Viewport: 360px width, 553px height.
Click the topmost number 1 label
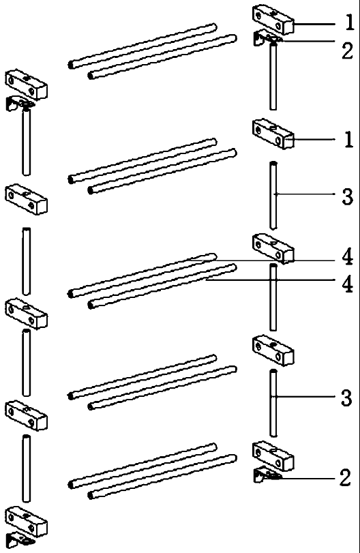coord(349,22)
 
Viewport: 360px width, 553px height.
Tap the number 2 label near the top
coord(347,50)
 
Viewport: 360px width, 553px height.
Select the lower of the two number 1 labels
coord(348,139)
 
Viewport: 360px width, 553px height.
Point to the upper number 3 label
coord(347,196)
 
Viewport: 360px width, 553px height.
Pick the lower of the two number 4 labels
coord(347,284)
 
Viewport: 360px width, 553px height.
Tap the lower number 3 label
coord(346,398)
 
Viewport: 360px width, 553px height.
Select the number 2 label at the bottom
coord(345,478)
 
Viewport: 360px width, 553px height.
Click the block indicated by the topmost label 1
coord(273,20)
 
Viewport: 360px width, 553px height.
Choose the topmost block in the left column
coord(26,85)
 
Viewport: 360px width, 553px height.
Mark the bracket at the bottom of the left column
coord(19,539)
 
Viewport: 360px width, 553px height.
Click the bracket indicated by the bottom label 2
coord(267,475)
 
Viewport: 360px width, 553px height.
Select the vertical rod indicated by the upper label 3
coord(273,195)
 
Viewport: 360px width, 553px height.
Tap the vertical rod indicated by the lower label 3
coord(273,403)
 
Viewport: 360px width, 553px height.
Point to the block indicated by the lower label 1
coord(273,134)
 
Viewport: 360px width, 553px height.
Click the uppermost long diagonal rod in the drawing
coord(142,46)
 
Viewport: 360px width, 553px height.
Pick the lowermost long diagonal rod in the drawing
coord(162,477)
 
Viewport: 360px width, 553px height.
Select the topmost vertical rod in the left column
coord(26,142)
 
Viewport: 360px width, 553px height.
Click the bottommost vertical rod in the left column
coord(26,468)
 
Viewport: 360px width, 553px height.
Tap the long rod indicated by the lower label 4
coord(162,286)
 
